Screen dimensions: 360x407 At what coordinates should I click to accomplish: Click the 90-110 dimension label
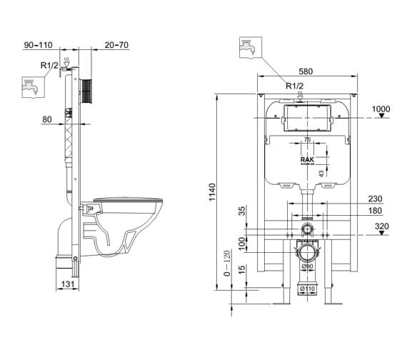tap(38, 45)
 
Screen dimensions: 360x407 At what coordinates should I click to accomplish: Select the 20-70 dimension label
tap(117, 45)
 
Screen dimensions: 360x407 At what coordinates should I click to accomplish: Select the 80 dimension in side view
tap(47, 119)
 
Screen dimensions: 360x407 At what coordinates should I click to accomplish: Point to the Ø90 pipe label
tap(306, 266)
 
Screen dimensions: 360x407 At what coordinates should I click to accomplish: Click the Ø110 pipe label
tap(306, 289)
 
